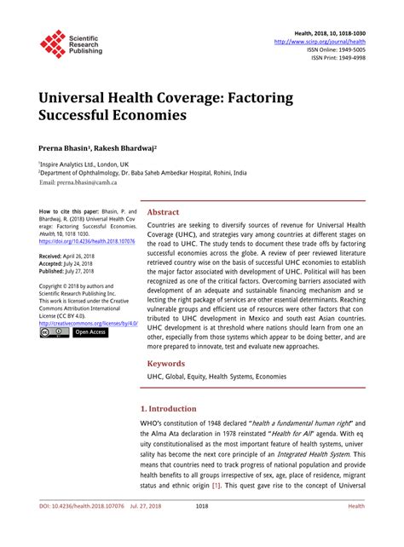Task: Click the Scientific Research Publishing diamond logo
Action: click(53, 43)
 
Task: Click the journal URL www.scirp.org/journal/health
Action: click(320, 40)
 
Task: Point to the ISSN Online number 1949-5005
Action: click(349, 49)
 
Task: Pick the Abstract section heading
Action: click(164, 212)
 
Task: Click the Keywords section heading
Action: click(166, 364)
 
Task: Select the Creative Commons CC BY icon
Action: click(54, 333)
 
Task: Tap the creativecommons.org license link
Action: click(89, 324)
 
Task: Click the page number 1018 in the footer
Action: click(202, 529)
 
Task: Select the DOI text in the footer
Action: click(76, 529)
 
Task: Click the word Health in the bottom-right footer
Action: click(357, 529)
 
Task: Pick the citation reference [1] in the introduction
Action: click(241, 486)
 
